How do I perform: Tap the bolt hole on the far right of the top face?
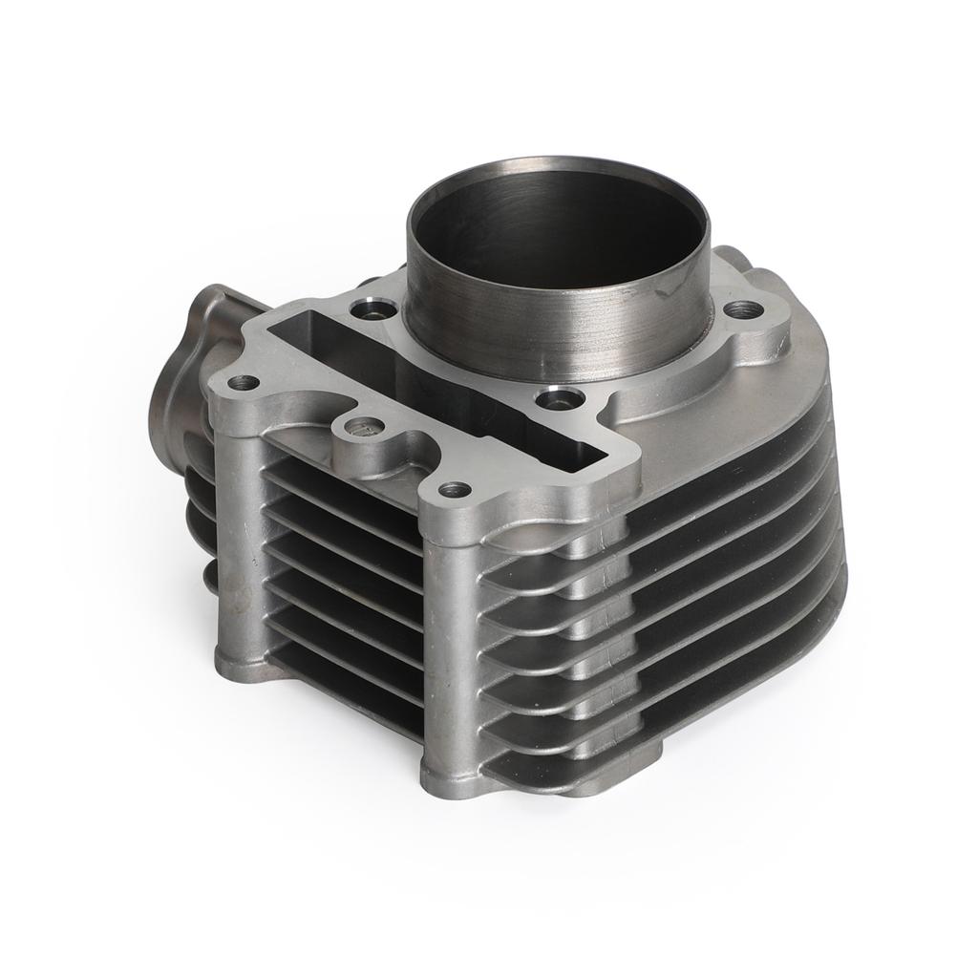point(743,309)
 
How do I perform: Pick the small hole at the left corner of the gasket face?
point(244,383)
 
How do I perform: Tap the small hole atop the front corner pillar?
point(455,490)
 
